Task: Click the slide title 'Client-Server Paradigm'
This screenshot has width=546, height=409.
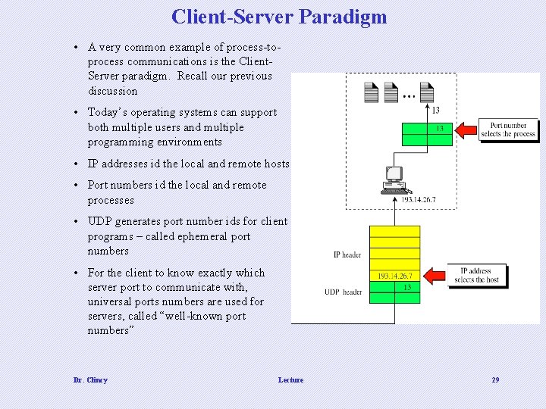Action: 279,17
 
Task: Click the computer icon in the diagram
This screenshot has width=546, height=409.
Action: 394,180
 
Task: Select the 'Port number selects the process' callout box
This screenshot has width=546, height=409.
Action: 507,130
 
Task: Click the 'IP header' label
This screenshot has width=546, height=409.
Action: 347,255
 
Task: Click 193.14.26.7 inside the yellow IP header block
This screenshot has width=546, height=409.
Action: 394,276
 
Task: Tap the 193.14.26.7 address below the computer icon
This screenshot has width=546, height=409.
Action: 418,200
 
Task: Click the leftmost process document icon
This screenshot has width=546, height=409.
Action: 371,92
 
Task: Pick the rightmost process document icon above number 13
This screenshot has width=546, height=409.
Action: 426,92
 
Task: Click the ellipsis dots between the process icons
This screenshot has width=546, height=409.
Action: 408,97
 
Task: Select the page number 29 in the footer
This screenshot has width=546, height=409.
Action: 495,379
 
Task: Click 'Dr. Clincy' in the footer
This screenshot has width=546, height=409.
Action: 90,379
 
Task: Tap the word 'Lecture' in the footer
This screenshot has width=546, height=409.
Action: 290,379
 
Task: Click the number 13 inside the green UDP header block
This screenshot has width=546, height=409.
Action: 407,287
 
